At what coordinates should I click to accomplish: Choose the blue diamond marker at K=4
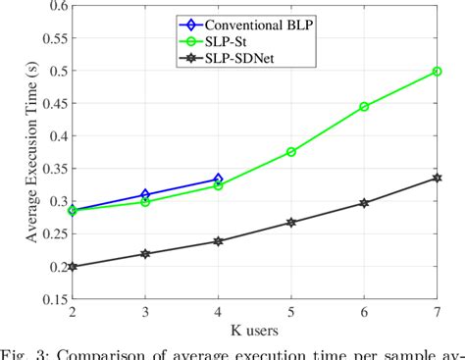tap(219, 180)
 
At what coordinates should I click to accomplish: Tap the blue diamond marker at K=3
tap(145, 195)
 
